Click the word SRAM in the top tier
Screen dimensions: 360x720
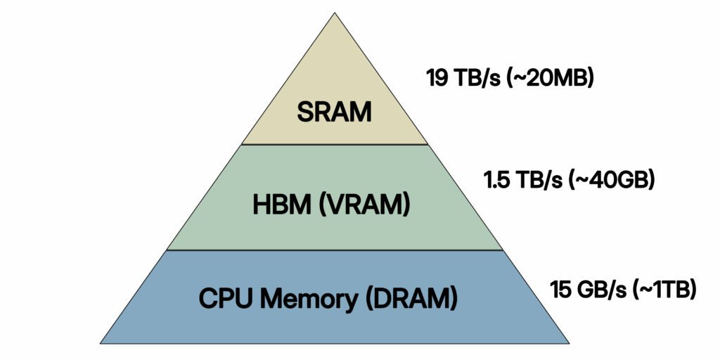pos(334,112)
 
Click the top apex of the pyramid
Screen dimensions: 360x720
pos(335,14)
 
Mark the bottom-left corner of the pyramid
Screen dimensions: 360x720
pos(102,342)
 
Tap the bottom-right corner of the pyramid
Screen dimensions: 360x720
pos(567,342)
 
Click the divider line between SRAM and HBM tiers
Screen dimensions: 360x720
pos(335,144)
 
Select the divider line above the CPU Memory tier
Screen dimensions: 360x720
pos(335,250)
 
